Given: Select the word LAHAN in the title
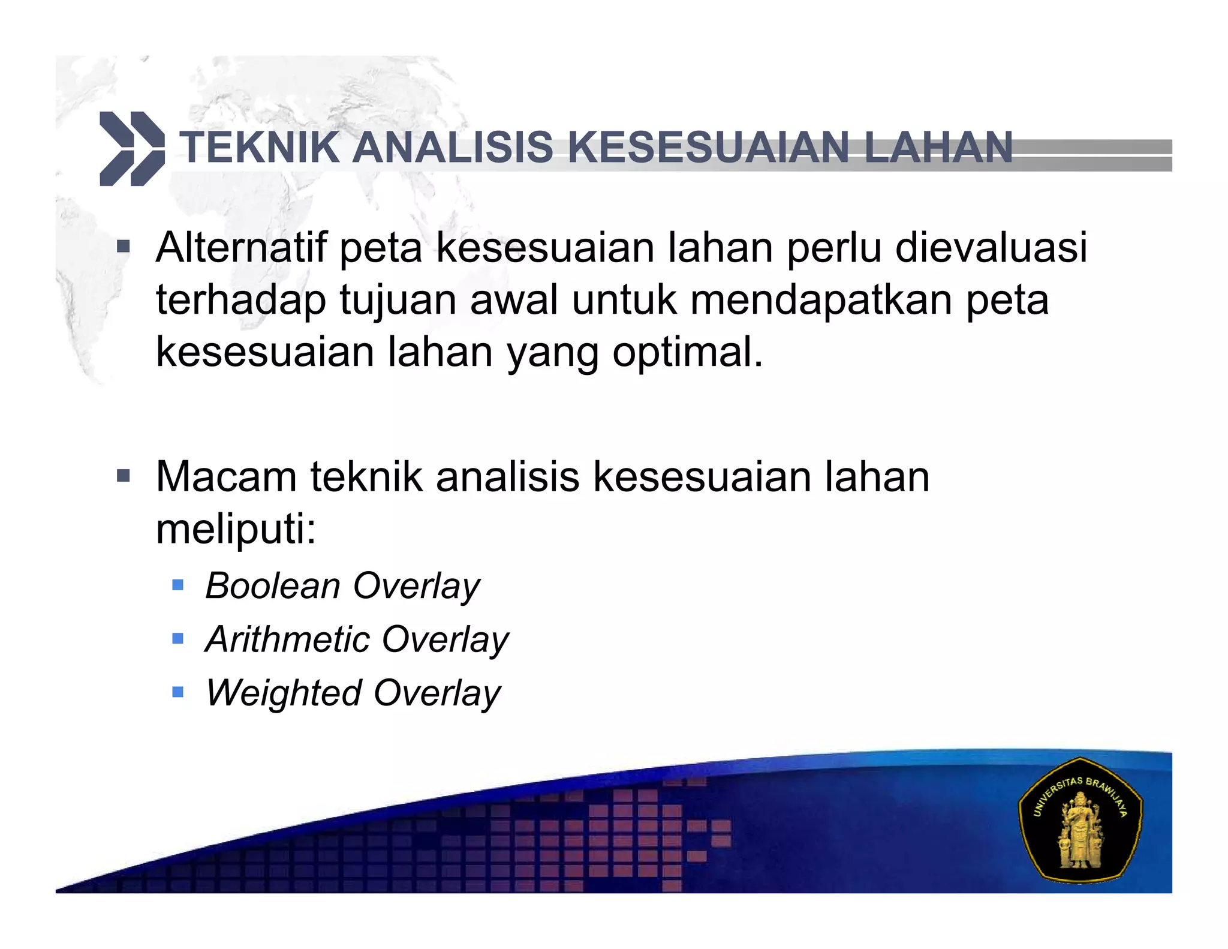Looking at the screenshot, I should (938, 148).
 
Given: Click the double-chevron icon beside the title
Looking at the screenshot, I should (131, 148).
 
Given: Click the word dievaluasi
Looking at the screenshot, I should (991, 247).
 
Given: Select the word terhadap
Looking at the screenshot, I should (241, 299).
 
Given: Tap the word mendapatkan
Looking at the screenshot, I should (821, 299).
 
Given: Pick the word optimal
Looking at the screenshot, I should (688, 352).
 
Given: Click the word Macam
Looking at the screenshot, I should (226, 477).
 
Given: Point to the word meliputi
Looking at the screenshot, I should (235, 529).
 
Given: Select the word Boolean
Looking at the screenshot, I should (273, 585).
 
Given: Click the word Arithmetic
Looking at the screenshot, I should (287, 639).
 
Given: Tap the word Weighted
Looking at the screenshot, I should (283, 693).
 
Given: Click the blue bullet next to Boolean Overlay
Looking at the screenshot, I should (177, 584).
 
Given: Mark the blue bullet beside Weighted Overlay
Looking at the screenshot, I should (177, 692).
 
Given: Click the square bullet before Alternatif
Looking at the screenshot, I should (124, 247).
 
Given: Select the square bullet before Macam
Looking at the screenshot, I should (124, 476).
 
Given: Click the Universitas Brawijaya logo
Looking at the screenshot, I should (1080, 821).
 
